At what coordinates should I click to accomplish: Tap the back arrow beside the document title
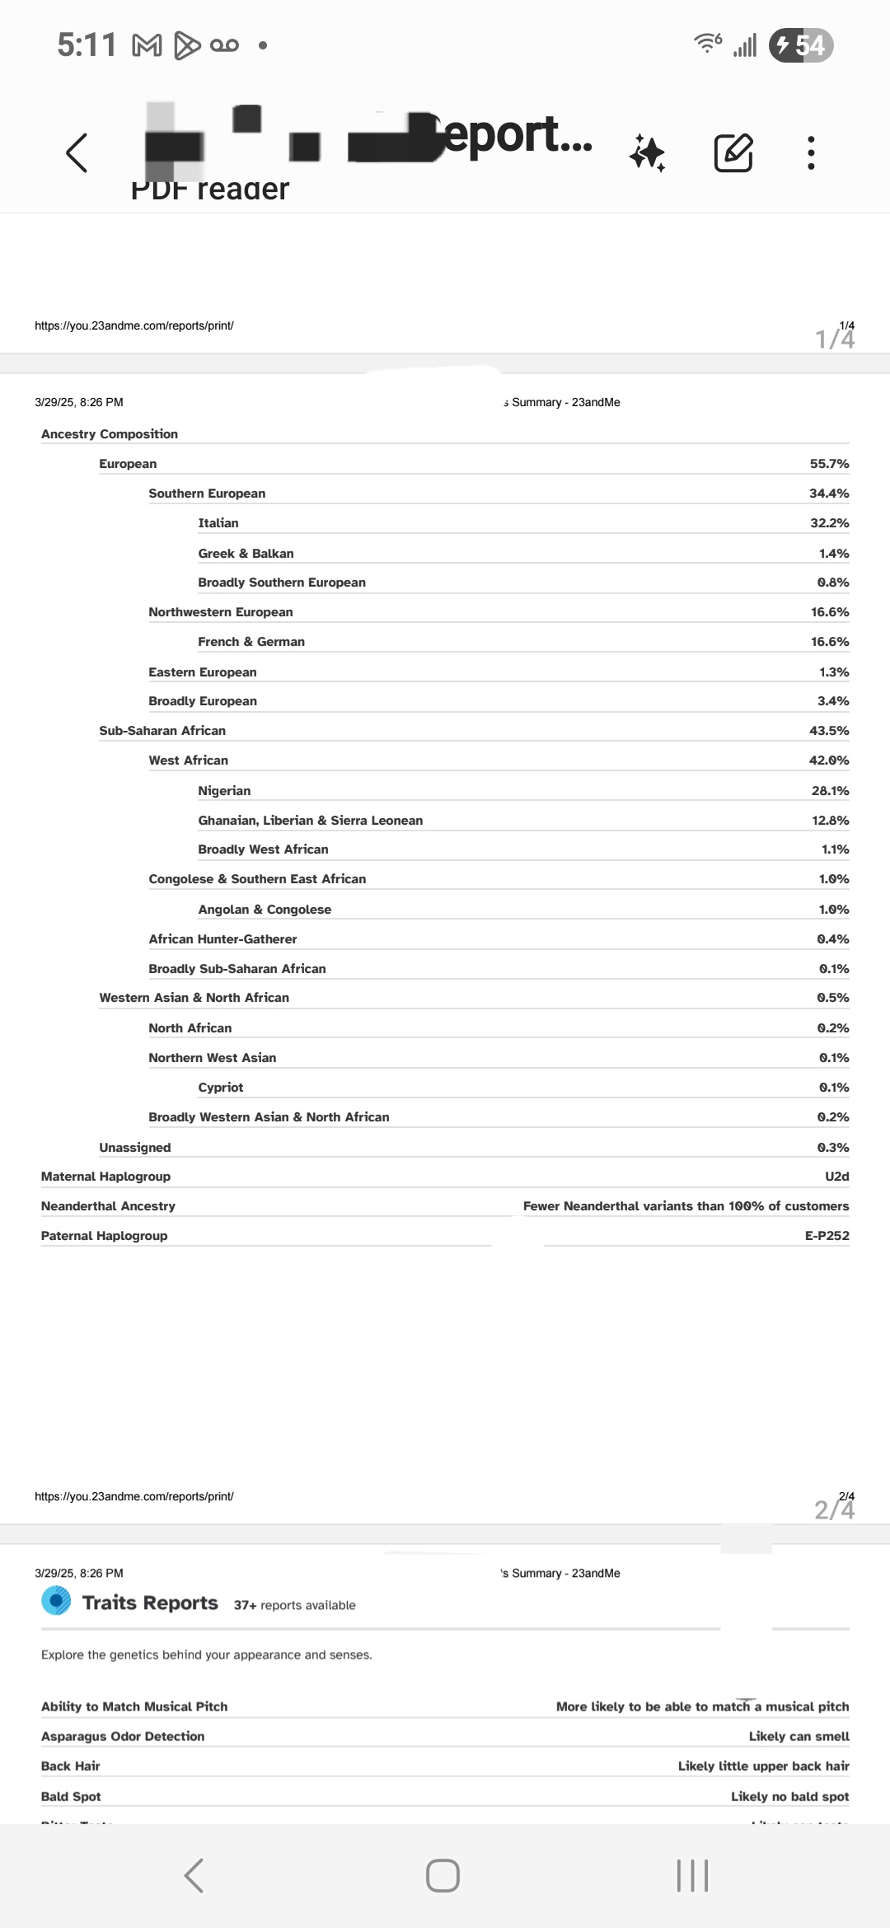pos(77,152)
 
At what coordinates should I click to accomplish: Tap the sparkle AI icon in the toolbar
pos(648,153)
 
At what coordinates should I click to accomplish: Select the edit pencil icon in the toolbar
pos(733,152)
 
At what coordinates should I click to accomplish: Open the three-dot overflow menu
pos(811,153)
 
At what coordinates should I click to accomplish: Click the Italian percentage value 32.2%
pos(829,523)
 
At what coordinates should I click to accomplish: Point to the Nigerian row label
pos(224,791)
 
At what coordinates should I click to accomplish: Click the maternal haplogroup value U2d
pos(836,1177)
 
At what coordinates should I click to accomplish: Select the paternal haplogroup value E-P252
pos(827,1236)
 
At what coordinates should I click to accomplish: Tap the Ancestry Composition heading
pos(110,434)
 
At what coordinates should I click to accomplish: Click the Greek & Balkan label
pos(246,554)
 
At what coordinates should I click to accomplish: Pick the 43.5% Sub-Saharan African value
pos(829,731)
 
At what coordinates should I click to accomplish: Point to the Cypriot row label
pos(221,1088)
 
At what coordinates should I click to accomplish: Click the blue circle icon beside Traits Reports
pos(56,1601)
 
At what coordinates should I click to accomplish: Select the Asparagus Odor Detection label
pos(123,1736)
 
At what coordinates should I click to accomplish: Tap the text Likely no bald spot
pos(789,1796)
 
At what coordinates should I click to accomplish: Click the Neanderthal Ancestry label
pos(108,1206)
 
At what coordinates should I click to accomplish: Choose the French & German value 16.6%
pos(829,642)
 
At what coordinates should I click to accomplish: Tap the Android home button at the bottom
pos(443,1876)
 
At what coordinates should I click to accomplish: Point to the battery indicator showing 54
pos(801,45)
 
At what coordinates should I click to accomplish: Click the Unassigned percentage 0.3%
pos(832,1148)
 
